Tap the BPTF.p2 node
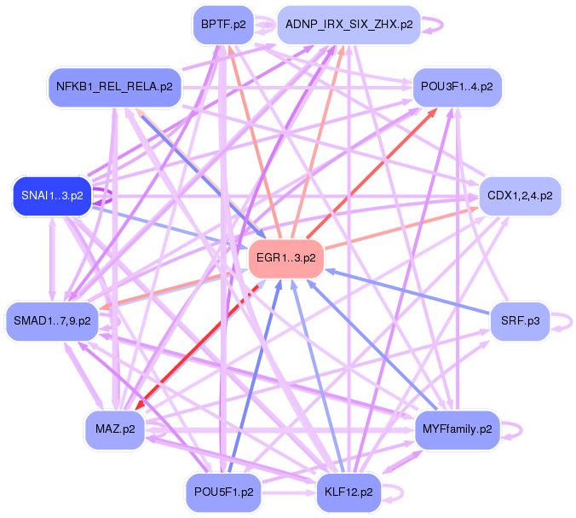223,24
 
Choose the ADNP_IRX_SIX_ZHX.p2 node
349,24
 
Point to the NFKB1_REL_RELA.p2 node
114,87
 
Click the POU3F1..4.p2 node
456,87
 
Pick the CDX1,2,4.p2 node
519,195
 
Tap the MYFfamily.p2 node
457,429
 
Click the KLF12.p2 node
348,492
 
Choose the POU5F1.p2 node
222,492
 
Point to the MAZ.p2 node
114,429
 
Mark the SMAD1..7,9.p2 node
52,321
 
